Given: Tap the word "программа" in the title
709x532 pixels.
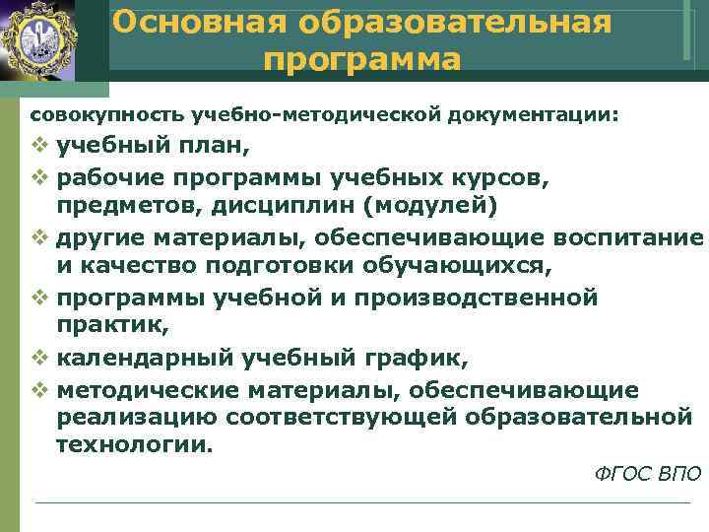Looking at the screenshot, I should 362,59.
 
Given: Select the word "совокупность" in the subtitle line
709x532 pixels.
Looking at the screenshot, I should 95,115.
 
